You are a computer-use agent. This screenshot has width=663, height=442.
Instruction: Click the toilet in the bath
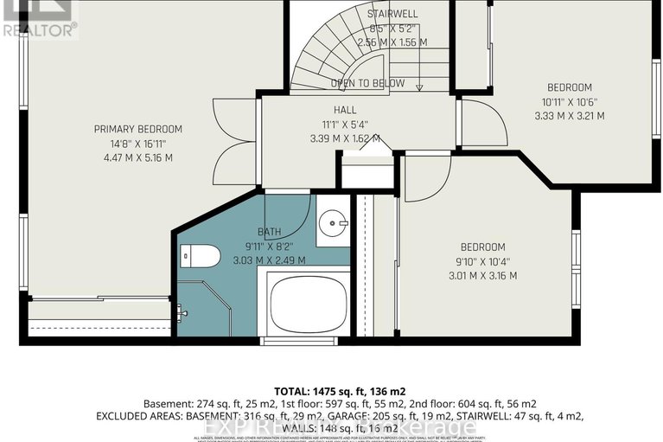(x=194, y=256)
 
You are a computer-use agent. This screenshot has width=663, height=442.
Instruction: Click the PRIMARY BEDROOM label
(x=138, y=129)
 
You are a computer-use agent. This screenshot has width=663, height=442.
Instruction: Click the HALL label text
(x=345, y=110)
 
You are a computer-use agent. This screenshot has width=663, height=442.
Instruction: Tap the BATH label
(x=270, y=232)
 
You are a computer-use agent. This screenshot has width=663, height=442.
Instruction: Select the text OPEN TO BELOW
(x=368, y=83)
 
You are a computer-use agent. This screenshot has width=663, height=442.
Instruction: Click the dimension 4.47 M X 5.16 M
(x=138, y=157)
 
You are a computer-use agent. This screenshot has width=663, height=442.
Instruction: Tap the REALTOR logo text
(x=40, y=29)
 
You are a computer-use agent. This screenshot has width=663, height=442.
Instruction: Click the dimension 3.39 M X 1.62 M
(x=345, y=137)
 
